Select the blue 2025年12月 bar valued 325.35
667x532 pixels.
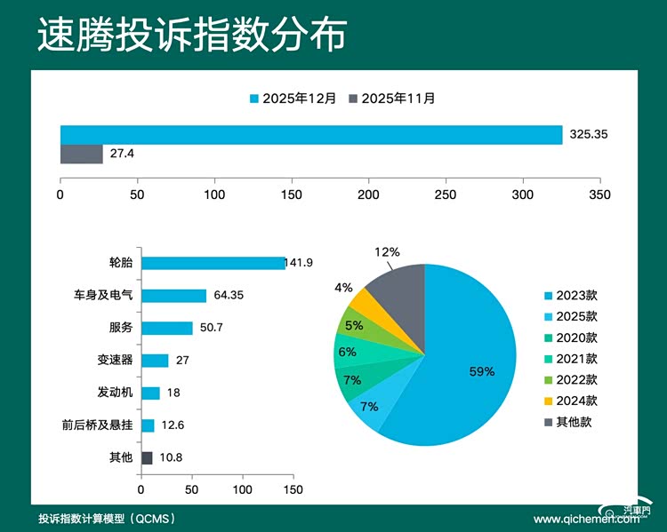pyautogui.click(x=311, y=134)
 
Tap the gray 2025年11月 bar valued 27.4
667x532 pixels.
pyautogui.click(x=81, y=154)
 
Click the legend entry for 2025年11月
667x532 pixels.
pyautogui.click(x=392, y=98)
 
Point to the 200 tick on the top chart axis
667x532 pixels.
pyautogui.click(x=368, y=194)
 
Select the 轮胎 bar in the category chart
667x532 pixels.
pyautogui.click(x=213, y=263)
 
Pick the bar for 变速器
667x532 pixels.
pyautogui.click(x=155, y=360)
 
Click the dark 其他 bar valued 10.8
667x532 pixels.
pyautogui.click(x=147, y=457)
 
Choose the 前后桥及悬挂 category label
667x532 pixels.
pyautogui.click(x=103, y=425)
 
